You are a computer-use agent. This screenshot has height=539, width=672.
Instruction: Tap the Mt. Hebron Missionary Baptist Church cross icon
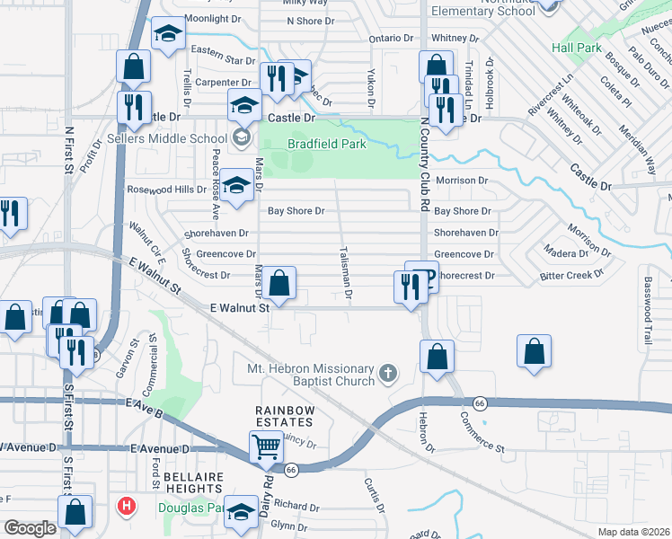coord(388,373)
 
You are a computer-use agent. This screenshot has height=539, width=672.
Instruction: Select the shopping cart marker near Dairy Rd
coord(267,445)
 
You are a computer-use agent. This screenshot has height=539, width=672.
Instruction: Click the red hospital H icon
coord(127,506)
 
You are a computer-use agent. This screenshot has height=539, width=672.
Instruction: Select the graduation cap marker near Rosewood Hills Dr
coord(236,186)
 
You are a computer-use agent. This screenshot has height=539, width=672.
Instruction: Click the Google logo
coord(29,528)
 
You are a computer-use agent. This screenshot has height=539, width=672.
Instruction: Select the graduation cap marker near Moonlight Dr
coord(166,34)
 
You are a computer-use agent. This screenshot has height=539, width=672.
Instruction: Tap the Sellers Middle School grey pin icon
coord(241,138)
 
